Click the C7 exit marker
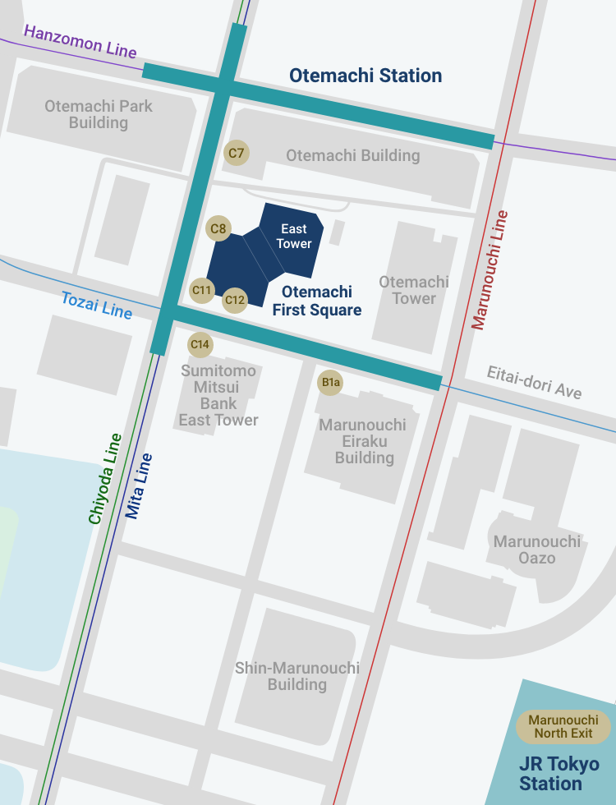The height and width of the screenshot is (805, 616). [237, 153]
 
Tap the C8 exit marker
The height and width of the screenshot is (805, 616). [218, 229]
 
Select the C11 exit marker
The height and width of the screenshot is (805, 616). [202, 290]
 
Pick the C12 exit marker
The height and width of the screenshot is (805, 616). [235, 301]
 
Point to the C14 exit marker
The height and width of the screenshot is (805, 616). [200, 344]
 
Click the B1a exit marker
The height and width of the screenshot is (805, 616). [330, 383]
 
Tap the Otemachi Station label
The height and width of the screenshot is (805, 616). [365, 76]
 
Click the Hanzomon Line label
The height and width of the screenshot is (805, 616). [80, 41]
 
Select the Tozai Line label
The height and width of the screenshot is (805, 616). [96, 306]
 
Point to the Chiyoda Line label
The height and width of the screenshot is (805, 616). [105, 479]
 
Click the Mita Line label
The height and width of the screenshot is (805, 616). [139, 485]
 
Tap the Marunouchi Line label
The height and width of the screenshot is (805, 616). [490, 270]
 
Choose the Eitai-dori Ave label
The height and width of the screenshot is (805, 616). [534, 382]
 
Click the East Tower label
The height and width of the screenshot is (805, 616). [294, 236]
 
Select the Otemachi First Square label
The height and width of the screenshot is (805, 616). [317, 301]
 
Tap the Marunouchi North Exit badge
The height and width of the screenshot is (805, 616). [563, 726]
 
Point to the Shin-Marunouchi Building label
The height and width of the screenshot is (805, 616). [297, 676]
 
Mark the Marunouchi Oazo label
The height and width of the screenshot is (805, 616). [537, 550]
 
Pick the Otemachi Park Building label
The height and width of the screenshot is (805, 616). [99, 114]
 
